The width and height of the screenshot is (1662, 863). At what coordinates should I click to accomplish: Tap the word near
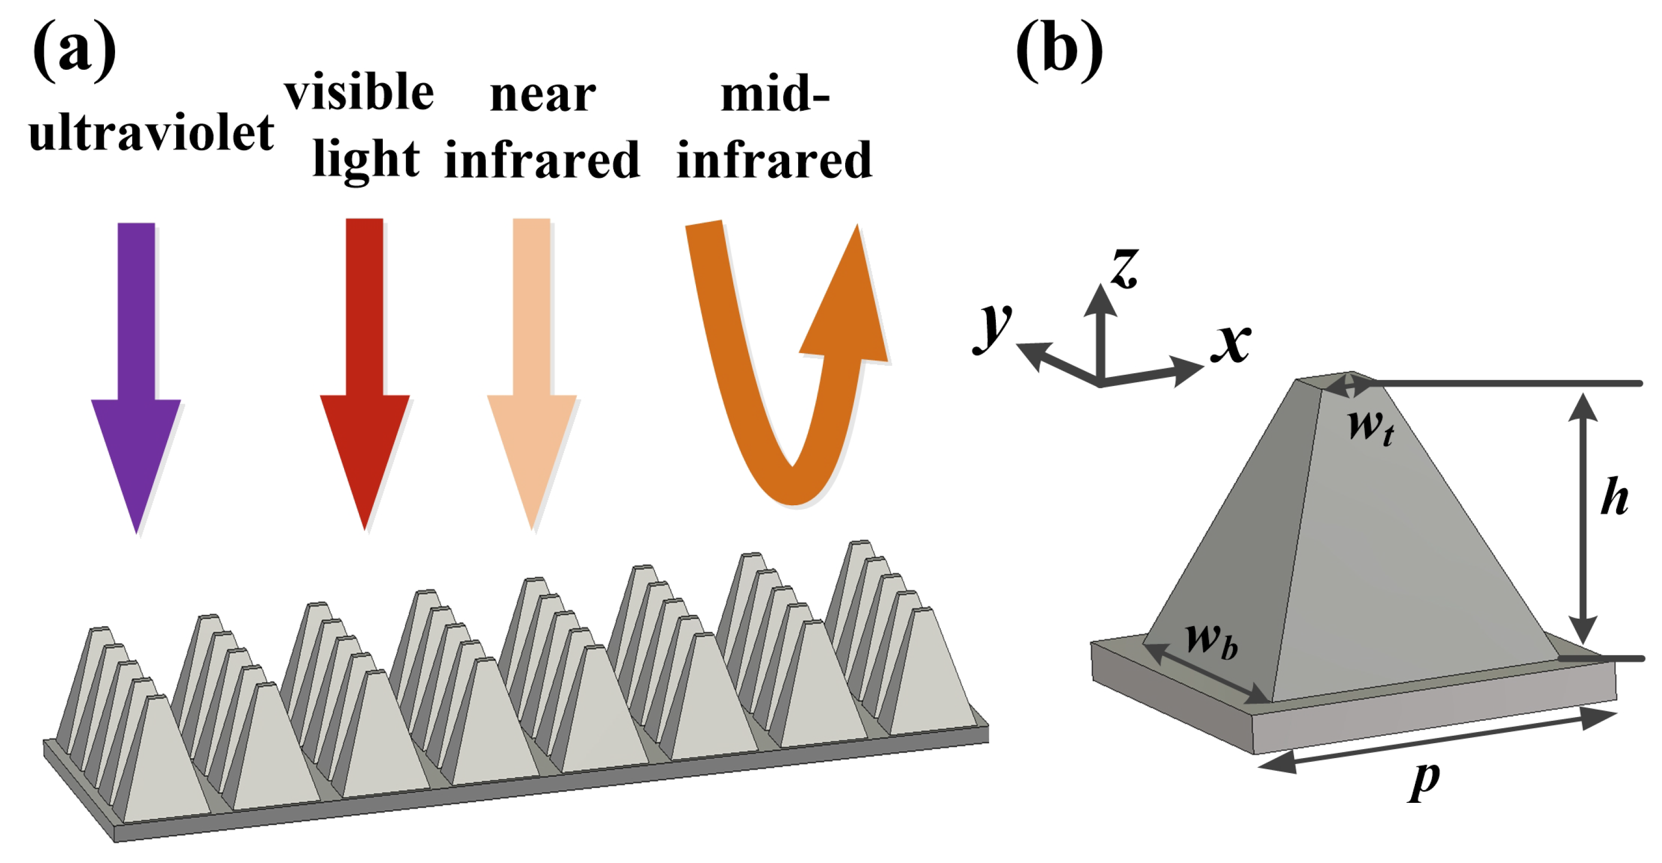click(x=543, y=95)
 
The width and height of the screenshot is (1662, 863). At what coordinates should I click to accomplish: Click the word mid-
click(x=774, y=94)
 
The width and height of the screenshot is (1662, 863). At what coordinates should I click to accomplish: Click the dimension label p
click(x=1424, y=780)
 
